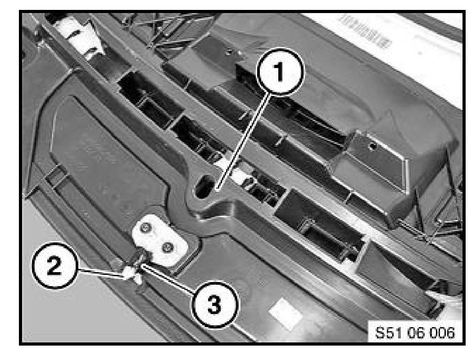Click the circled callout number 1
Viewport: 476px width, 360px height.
tap(280, 71)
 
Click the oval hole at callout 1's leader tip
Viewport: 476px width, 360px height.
tap(204, 186)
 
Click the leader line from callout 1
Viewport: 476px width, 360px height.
tap(243, 142)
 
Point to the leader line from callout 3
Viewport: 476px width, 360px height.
tap(169, 279)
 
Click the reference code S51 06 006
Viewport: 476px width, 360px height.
tap(415, 333)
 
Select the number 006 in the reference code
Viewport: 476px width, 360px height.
tap(442, 333)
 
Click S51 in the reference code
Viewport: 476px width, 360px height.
tap(388, 333)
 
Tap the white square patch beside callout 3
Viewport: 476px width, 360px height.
tap(285, 313)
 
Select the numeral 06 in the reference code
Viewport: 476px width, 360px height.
tap(415, 333)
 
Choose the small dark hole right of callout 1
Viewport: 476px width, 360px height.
tap(372, 146)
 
